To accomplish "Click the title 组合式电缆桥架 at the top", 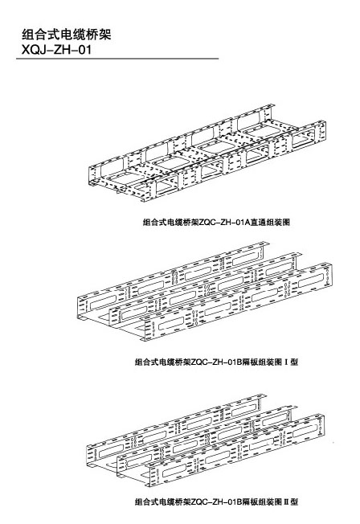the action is point(66,35).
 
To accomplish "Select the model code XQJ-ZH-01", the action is point(56,50).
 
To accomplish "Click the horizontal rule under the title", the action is point(117,59).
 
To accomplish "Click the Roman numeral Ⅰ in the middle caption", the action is point(286,362).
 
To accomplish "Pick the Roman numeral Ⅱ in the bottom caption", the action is point(286,501).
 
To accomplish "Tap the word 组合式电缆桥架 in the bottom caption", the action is point(162,501).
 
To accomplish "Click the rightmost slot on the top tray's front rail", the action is point(303,139).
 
